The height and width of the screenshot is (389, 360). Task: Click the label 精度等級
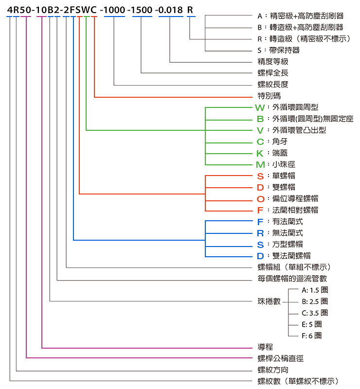[273, 61]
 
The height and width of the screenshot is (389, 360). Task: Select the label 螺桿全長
[273, 72]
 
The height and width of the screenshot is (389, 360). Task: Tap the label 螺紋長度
[273, 84]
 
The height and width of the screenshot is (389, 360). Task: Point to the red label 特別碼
[269, 96]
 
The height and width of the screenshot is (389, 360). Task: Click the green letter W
[260, 107]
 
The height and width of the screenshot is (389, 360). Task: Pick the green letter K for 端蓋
[260, 153]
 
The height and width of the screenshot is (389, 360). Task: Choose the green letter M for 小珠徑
[260, 165]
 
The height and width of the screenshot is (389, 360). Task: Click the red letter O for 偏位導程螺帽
[261, 199]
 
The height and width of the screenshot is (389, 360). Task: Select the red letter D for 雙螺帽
[260, 188]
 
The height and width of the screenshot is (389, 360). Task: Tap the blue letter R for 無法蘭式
[260, 233]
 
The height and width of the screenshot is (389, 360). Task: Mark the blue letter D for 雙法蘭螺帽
[260, 256]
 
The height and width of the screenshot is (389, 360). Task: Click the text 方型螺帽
[288, 245]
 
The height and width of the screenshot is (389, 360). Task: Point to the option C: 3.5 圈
[315, 313]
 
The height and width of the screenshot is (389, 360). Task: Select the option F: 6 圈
[311, 336]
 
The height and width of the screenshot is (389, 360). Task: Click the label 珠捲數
[269, 301]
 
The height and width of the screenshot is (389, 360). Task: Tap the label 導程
[266, 347]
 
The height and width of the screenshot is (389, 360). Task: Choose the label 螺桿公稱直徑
[281, 358]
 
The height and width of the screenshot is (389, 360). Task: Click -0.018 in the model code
[169, 10]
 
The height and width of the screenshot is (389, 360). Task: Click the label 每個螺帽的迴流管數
[292, 279]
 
